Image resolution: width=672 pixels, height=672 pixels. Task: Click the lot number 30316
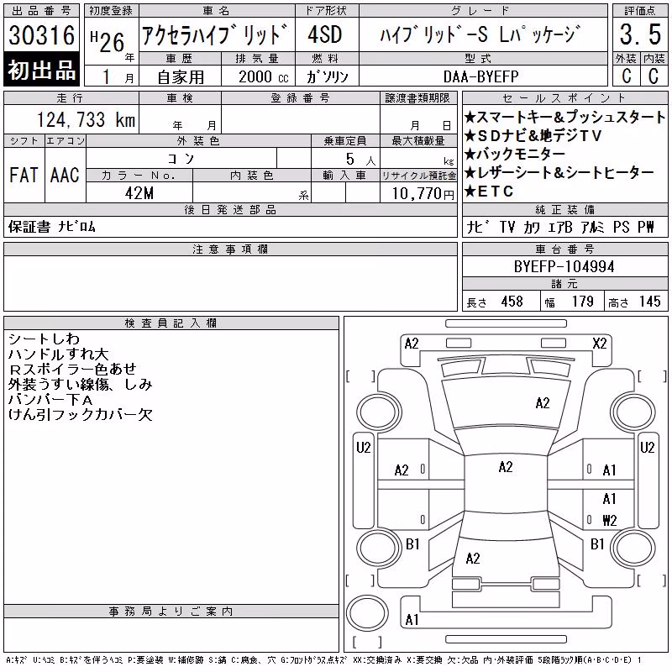(x=41, y=35)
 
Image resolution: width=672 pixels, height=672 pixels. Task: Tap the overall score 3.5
(x=640, y=34)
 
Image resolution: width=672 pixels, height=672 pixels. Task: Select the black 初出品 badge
(x=41, y=70)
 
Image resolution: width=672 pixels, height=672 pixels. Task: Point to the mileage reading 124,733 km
(x=86, y=119)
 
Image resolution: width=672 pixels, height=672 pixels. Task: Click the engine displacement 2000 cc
(x=264, y=76)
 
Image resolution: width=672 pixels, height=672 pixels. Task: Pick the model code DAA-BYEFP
(x=480, y=76)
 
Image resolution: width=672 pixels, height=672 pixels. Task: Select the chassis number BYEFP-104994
(x=564, y=267)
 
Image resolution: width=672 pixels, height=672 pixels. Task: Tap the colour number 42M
(x=139, y=193)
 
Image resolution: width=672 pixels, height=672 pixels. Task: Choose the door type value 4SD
(x=325, y=34)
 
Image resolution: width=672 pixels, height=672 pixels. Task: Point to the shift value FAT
(x=24, y=175)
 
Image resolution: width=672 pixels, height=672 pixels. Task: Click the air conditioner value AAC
(x=65, y=175)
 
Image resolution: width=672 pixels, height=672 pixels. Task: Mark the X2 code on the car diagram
(x=599, y=344)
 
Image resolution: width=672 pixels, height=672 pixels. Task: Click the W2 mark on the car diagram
(x=610, y=521)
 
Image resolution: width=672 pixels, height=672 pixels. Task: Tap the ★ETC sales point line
(x=489, y=192)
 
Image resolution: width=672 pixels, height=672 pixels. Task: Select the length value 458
(x=512, y=302)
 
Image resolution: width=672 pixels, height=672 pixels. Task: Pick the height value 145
(x=649, y=302)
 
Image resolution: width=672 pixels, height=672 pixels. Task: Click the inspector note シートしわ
(x=44, y=339)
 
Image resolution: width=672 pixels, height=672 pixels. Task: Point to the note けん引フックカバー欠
(x=80, y=414)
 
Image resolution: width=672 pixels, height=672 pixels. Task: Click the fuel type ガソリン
(x=328, y=76)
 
